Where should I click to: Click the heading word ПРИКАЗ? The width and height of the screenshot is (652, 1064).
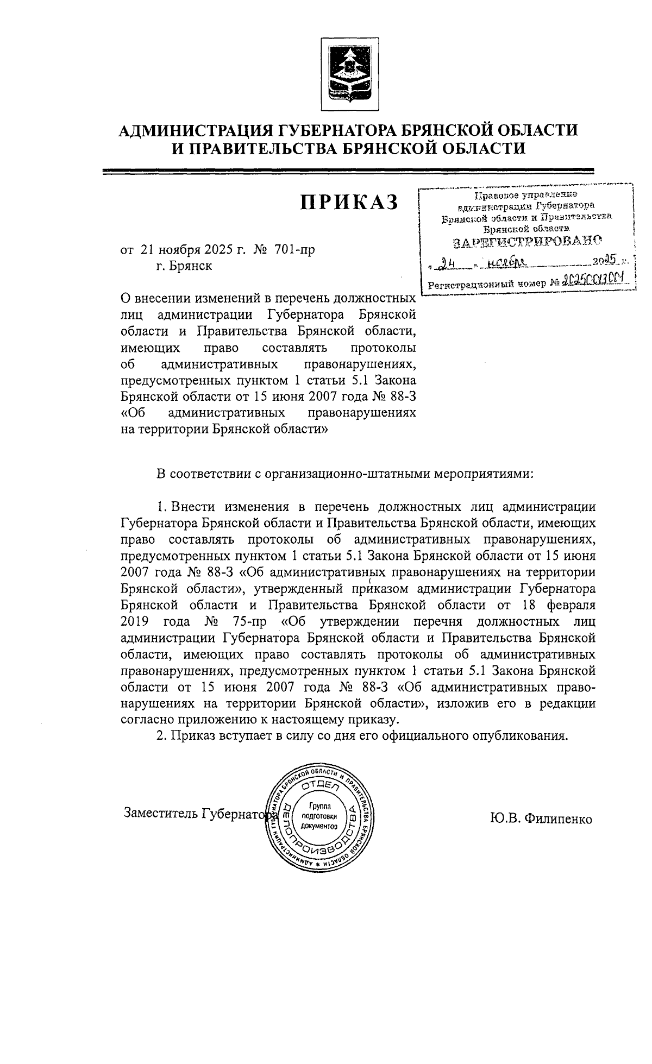click(350, 202)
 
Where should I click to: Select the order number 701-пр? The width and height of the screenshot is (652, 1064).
click(294, 250)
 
